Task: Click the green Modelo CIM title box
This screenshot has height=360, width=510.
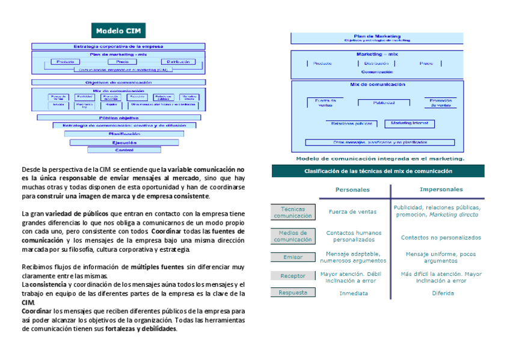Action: [118, 31]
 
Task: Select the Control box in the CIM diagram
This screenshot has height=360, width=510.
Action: [124, 150]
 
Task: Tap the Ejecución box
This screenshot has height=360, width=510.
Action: [124, 142]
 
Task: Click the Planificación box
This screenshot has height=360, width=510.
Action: [124, 133]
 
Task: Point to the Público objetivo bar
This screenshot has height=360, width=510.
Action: [119, 118]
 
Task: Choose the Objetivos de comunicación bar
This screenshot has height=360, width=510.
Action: [118, 82]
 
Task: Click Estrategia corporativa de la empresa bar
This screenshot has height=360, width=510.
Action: [118, 46]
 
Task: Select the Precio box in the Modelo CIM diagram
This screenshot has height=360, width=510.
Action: [118, 62]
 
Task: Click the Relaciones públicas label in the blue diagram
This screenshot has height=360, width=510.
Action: [352, 124]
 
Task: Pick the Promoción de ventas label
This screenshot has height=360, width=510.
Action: [440, 103]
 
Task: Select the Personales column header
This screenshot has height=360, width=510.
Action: [352, 189]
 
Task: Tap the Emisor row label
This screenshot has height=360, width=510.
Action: [293, 257]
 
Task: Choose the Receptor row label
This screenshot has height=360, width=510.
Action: [293, 276]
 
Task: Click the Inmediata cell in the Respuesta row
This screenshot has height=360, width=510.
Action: [354, 293]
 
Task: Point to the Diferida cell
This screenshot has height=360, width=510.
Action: [443, 293]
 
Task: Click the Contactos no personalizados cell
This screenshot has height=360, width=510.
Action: [441, 237]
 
